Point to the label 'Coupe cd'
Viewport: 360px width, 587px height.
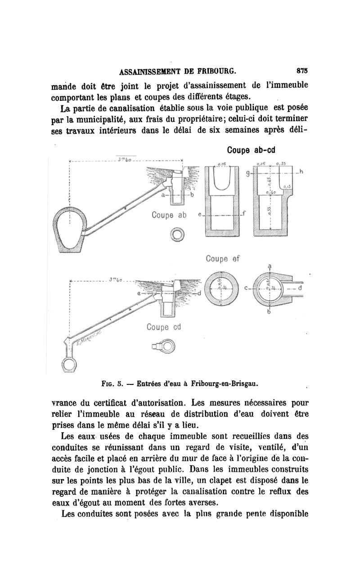pyautogui.click(x=163, y=327)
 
